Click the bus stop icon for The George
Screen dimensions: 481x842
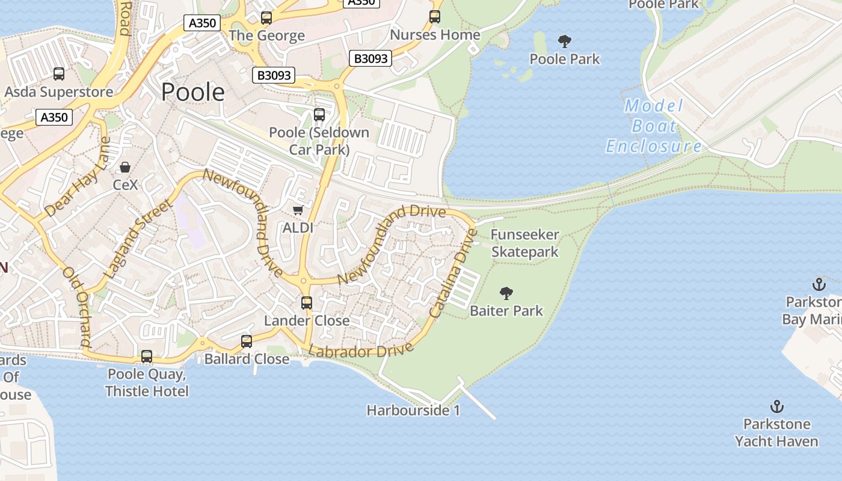tap(266, 18)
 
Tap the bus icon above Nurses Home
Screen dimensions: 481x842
tap(435, 17)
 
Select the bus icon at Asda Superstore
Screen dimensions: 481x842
tap(59, 74)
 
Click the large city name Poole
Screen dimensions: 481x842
tap(193, 92)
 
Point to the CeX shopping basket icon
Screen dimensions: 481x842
tap(126, 167)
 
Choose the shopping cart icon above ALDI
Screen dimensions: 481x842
tap(298, 210)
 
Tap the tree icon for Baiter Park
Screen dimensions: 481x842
tap(506, 293)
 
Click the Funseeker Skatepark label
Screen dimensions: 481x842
tap(525, 243)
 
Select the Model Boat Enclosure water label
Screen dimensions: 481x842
tap(654, 126)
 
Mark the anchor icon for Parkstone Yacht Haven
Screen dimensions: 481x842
tap(777, 406)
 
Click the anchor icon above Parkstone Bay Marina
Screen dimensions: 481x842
tap(819, 284)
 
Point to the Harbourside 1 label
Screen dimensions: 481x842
tap(413, 411)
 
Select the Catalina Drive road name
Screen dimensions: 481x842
tap(453, 274)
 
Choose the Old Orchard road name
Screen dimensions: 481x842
tap(77, 307)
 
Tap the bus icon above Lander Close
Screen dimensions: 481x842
tap(307, 303)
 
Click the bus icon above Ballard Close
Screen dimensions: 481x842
tap(247, 342)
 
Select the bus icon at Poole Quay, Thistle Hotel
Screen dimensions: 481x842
tap(147, 357)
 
